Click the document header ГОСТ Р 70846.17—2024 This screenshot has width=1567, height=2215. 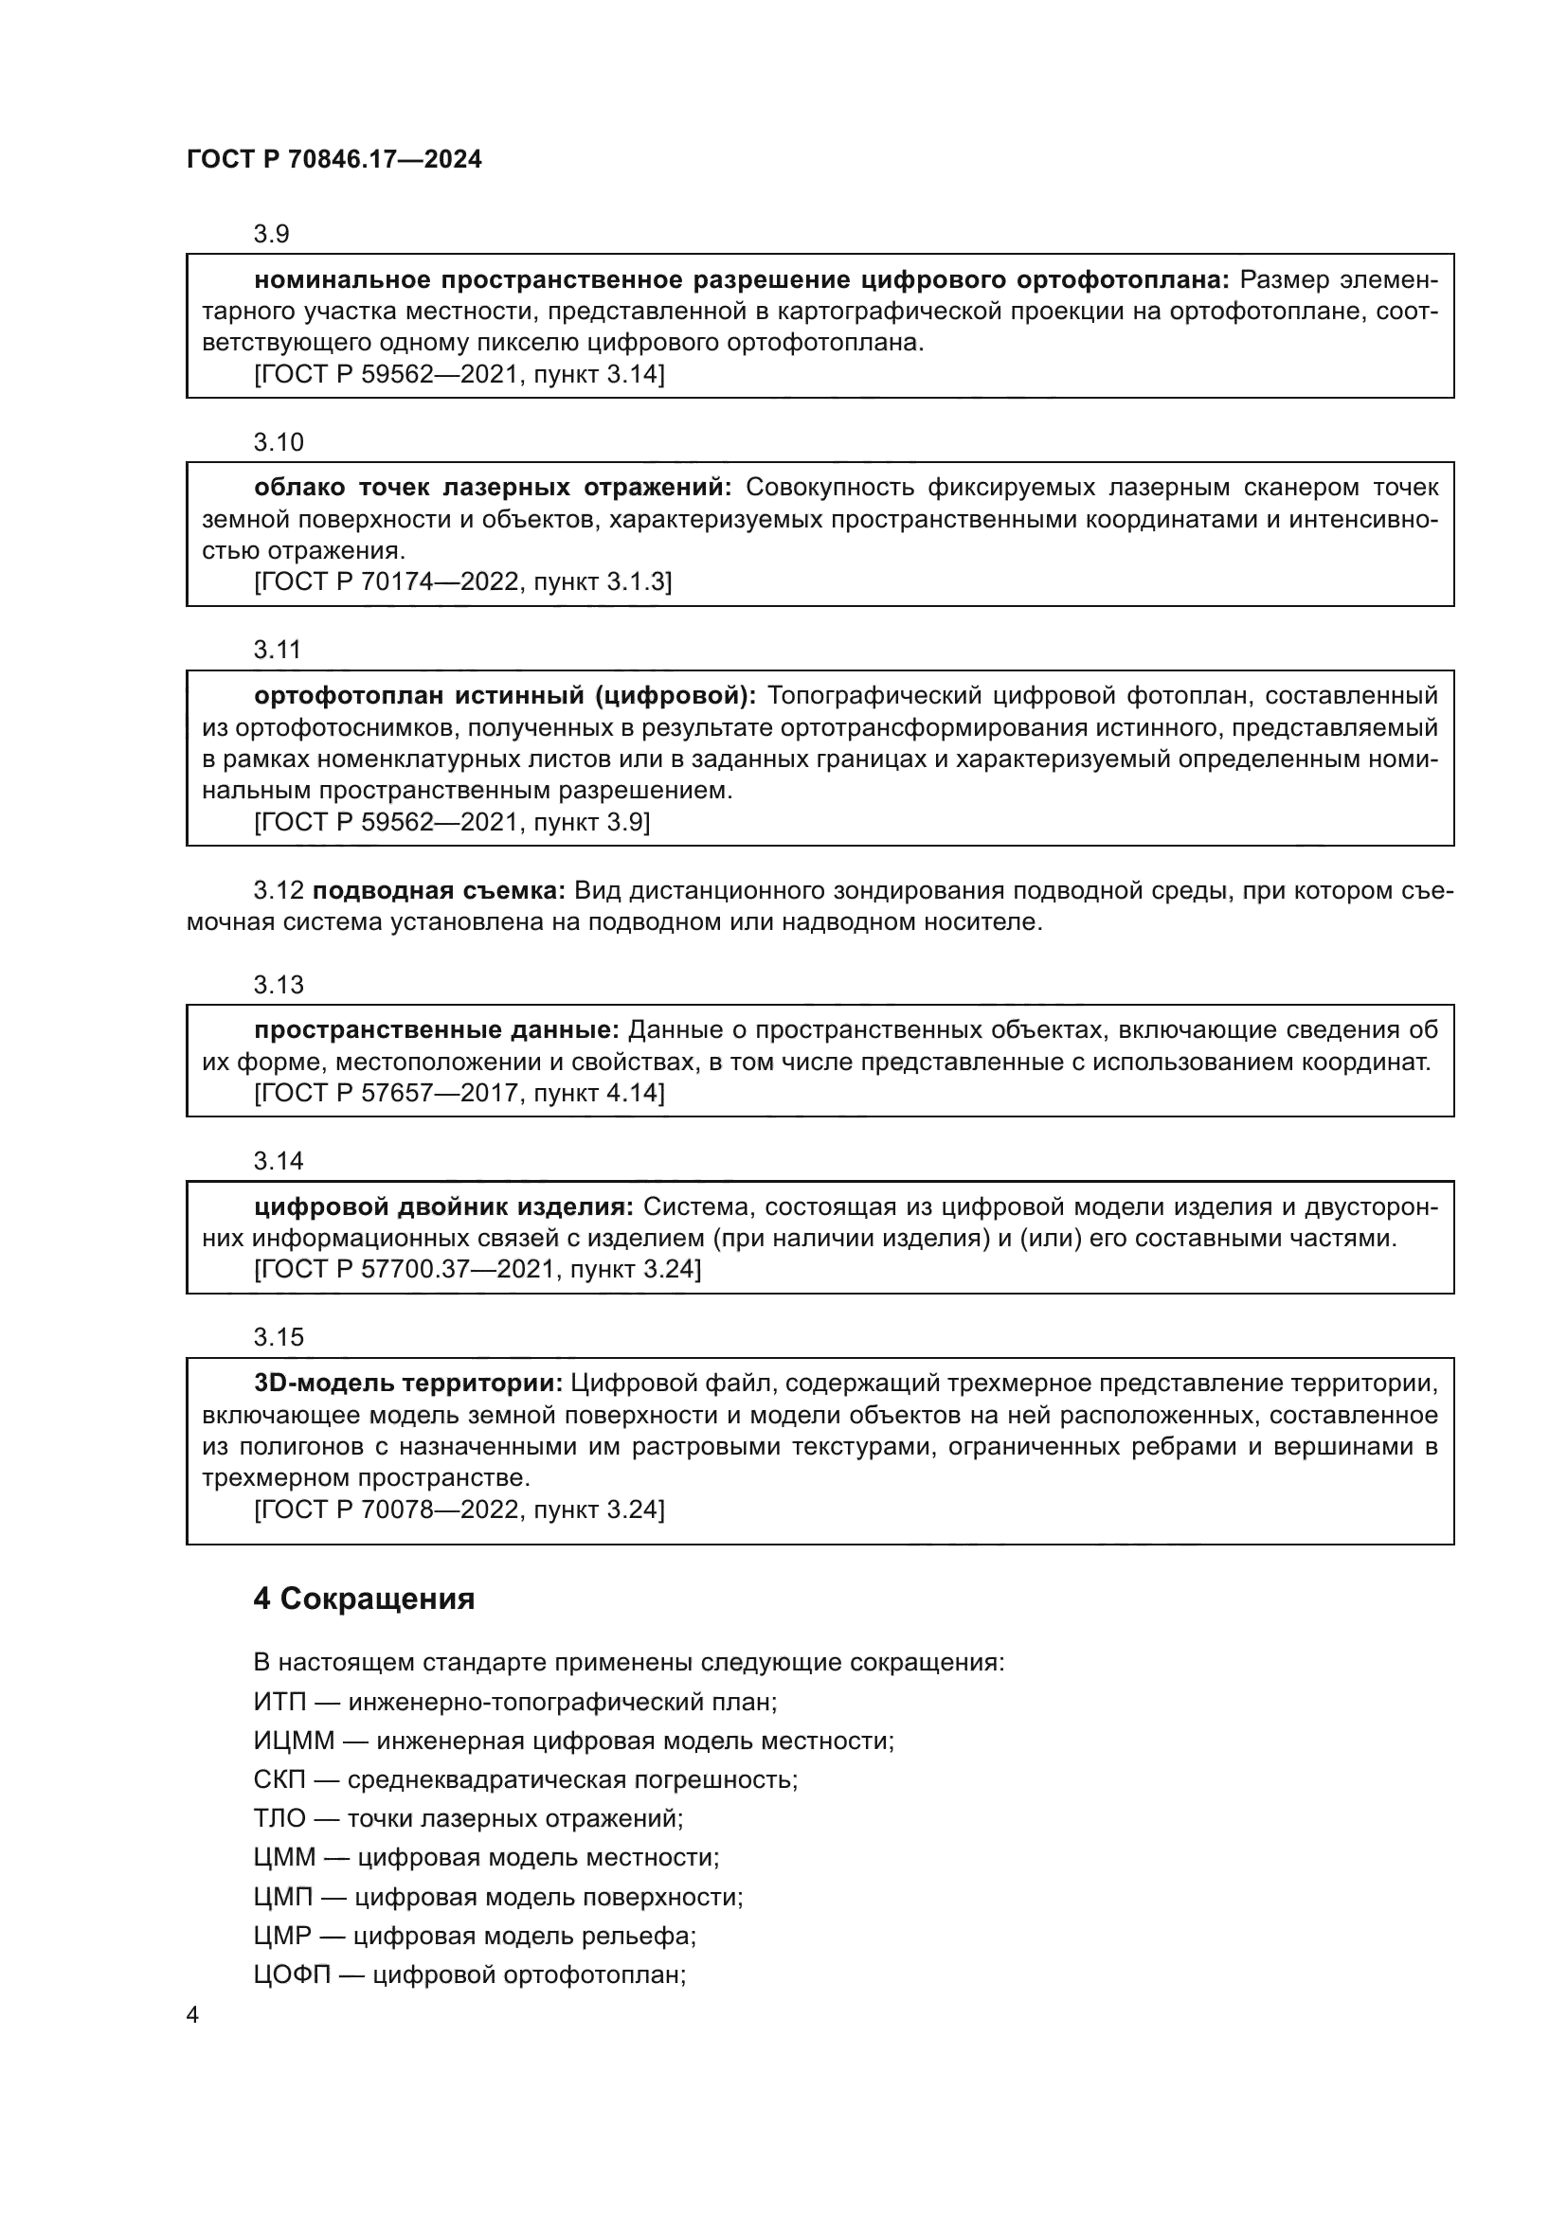(x=333, y=159)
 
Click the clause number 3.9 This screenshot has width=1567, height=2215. (x=272, y=235)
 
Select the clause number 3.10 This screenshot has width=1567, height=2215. (x=278, y=443)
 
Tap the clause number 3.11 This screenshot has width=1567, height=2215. (x=278, y=651)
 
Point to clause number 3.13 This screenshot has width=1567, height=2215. (x=278, y=985)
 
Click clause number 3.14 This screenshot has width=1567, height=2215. (x=278, y=1162)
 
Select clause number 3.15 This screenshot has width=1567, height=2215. (x=278, y=1337)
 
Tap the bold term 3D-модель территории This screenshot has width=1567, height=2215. (x=408, y=1384)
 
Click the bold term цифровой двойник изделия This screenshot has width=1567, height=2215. (x=443, y=1206)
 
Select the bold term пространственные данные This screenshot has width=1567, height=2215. (x=436, y=1030)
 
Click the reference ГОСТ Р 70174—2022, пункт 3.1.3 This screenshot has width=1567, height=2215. (x=462, y=581)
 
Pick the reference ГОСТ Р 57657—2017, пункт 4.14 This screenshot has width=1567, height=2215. (x=459, y=1093)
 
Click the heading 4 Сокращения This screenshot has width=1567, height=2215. (x=364, y=1599)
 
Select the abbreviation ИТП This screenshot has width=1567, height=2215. (x=279, y=1702)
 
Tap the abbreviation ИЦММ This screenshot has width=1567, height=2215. (x=294, y=1742)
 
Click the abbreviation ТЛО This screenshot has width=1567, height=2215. (x=279, y=1818)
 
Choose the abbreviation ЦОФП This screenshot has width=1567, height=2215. (x=292, y=1974)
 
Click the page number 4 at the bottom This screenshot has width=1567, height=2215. (x=192, y=2015)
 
